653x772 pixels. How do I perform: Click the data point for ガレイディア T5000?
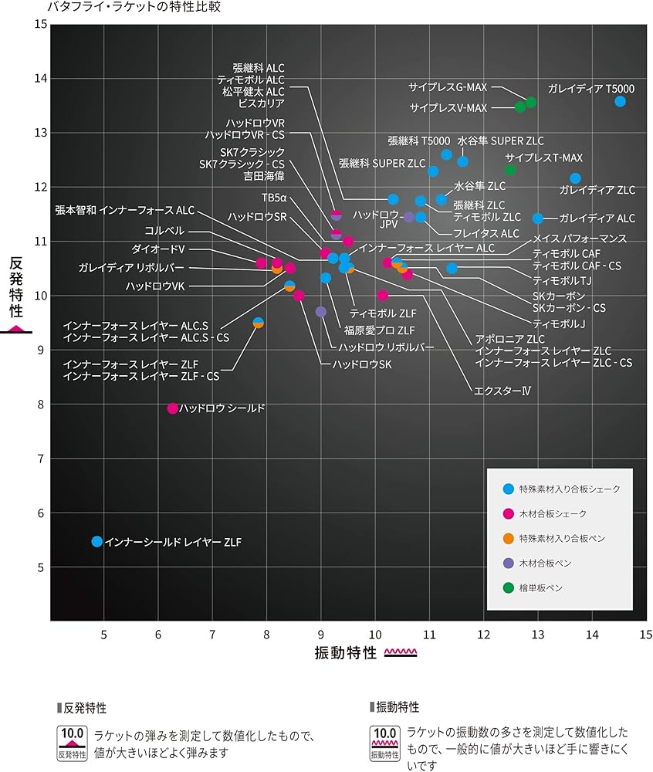pyautogui.click(x=620, y=101)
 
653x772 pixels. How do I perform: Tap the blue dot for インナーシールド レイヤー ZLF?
pyautogui.click(x=96, y=542)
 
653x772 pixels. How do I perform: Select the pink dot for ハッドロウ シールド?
pyautogui.click(x=173, y=408)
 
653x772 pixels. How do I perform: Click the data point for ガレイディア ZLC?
pyautogui.click(x=575, y=178)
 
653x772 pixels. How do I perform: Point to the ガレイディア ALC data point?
pyautogui.click(x=538, y=218)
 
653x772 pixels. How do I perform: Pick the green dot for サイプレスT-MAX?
pyautogui.click(x=510, y=170)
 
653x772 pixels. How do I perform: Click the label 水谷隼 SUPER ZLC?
pyautogui.click(x=500, y=141)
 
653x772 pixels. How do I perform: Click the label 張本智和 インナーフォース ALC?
pyautogui.click(x=125, y=210)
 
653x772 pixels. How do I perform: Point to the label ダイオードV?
pyautogui.click(x=158, y=249)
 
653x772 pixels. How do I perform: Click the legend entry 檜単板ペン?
pyautogui.click(x=541, y=588)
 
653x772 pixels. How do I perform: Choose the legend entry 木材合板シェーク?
pyautogui.click(x=553, y=514)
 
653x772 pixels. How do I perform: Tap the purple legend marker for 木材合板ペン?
pyautogui.click(x=508, y=564)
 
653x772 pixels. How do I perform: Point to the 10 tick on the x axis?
pyautogui.click(x=375, y=635)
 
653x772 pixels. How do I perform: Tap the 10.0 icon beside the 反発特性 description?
pyautogui.click(x=73, y=743)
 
